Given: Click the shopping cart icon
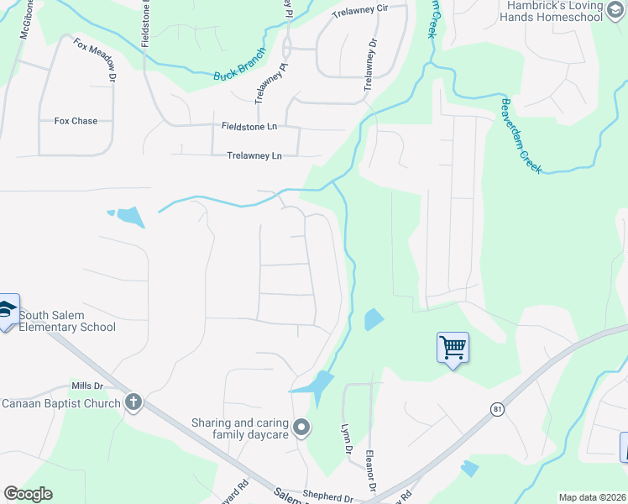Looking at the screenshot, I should pos(453,346).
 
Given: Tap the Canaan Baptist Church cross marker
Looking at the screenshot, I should pos(133,402).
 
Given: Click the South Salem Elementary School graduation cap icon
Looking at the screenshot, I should pos(7,311).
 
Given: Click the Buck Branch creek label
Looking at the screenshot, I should pos(239,64).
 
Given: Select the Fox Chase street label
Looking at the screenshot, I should pos(76,121).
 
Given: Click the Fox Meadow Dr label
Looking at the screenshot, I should pos(93,60).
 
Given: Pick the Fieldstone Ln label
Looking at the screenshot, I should pos(249,126).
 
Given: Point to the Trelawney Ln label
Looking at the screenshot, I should pos(254,156).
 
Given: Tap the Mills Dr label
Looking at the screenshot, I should pos(86,386).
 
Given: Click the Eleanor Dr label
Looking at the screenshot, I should pos(369,470).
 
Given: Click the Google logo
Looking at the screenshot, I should pos(28,494).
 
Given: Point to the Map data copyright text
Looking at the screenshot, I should pos(592,497).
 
